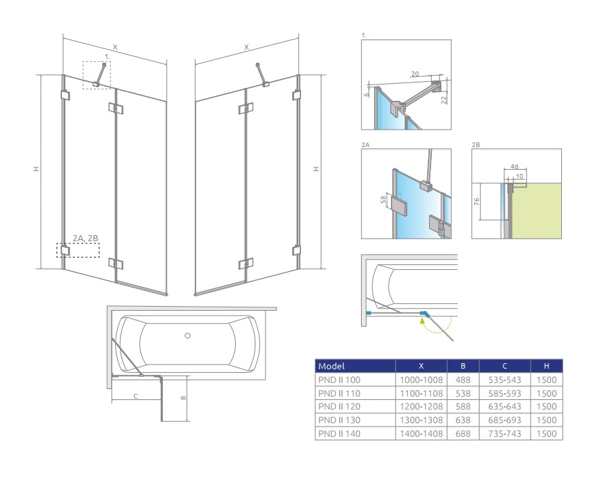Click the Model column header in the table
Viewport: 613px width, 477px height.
pos(331,367)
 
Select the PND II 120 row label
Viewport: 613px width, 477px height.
pos(339,407)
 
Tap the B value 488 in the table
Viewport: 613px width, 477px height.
pos(463,380)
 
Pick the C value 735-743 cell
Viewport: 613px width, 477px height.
pos(504,433)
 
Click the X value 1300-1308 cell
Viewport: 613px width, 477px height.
pos(421,420)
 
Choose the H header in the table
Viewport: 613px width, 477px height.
pos(546,367)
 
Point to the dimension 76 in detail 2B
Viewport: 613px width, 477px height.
pos(477,202)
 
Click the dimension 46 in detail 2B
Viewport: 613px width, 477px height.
pos(514,166)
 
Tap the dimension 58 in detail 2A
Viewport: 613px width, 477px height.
pos(383,200)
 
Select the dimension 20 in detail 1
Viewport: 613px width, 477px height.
pos(415,74)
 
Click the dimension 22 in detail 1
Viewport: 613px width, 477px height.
pos(443,99)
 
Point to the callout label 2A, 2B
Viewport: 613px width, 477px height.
pos(85,238)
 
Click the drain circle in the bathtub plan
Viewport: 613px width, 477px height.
pos(188,335)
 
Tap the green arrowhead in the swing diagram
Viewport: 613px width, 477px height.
pos(422,321)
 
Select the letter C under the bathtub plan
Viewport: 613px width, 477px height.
pos(136,397)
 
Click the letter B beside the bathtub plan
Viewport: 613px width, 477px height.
pos(183,398)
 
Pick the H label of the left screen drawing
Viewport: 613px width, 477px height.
pos(36,169)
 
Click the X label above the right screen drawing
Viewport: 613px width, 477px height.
pos(247,47)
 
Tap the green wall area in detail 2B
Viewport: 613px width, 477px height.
pos(537,211)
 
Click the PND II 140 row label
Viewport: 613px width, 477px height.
pos(339,433)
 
